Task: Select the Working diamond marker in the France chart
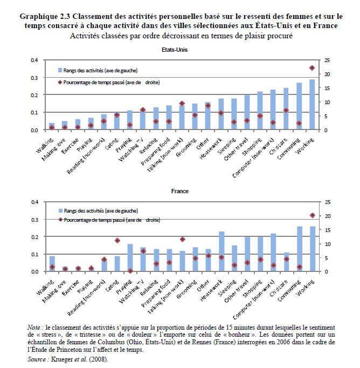click(x=312, y=215)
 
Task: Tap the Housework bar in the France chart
click(x=221, y=251)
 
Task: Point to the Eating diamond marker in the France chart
click(x=117, y=240)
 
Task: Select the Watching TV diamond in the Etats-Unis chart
click(x=143, y=110)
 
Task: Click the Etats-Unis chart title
click(x=178, y=50)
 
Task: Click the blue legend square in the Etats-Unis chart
click(x=60, y=70)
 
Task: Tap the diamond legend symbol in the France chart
click(x=60, y=220)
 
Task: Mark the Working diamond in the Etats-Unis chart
click(x=312, y=68)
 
